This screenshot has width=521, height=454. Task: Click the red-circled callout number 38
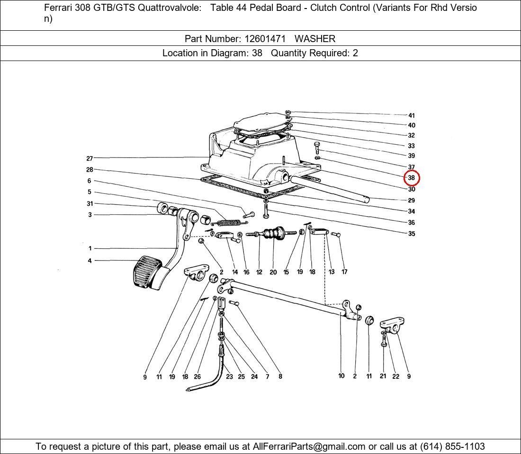coord(411,178)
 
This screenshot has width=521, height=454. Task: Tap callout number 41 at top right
coord(411,115)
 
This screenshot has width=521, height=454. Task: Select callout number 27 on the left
coord(90,158)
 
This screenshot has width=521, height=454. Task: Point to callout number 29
coord(411,200)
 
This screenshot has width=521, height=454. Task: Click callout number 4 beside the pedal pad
coord(90,261)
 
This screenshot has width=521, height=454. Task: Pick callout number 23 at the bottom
coord(229,376)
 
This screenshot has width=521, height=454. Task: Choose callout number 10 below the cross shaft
coord(341,375)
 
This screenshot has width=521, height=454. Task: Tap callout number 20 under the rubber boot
coord(273,272)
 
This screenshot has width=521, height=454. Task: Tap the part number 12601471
coord(265,39)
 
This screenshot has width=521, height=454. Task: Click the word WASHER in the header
coord(315,39)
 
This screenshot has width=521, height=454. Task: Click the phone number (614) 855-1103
coord(452,446)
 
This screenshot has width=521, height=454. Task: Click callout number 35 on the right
coord(411,234)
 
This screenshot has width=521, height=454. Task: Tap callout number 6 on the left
coord(90,181)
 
